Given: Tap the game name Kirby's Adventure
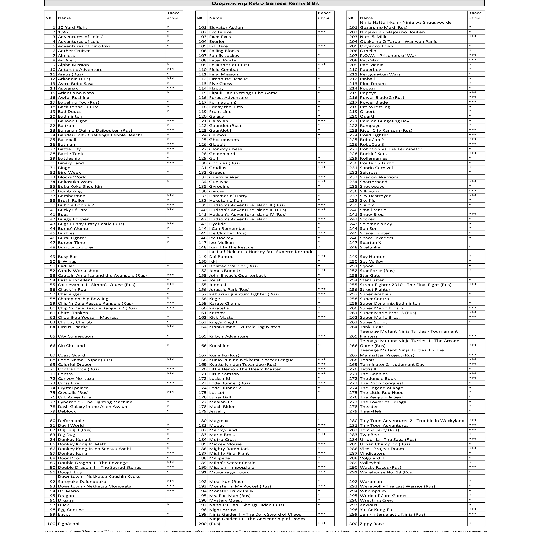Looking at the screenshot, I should coord(229,336).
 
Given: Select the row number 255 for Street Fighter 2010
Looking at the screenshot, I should coord(353,285).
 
